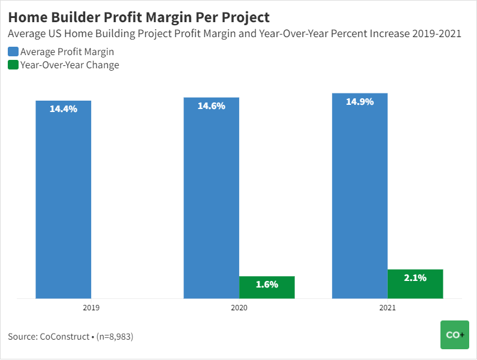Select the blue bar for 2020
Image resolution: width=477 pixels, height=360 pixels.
pyautogui.click(x=211, y=198)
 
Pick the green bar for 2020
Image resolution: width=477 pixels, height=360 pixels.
pyautogui.click(x=267, y=287)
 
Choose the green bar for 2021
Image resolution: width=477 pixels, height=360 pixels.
pyautogui.click(x=415, y=283)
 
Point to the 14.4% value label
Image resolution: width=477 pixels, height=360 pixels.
pyautogui.click(x=63, y=109)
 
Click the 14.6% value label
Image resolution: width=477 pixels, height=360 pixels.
pyautogui.click(x=211, y=106)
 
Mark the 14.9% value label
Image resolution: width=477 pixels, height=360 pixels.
pyautogui.click(x=360, y=102)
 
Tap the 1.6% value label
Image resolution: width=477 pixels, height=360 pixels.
pyautogui.click(x=267, y=285)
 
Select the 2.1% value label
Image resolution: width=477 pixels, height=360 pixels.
pyautogui.click(x=415, y=278)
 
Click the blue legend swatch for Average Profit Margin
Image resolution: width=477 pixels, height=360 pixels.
pyautogui.click(x=13, y=52)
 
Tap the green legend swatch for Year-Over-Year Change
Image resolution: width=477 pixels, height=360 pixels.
pyautogui.click(x=13, y=65)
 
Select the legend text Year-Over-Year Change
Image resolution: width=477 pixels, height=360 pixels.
pyautogui.click(x=70, y=65)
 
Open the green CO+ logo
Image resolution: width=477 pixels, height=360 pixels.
pyautogui.click(x=454, y=335)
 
